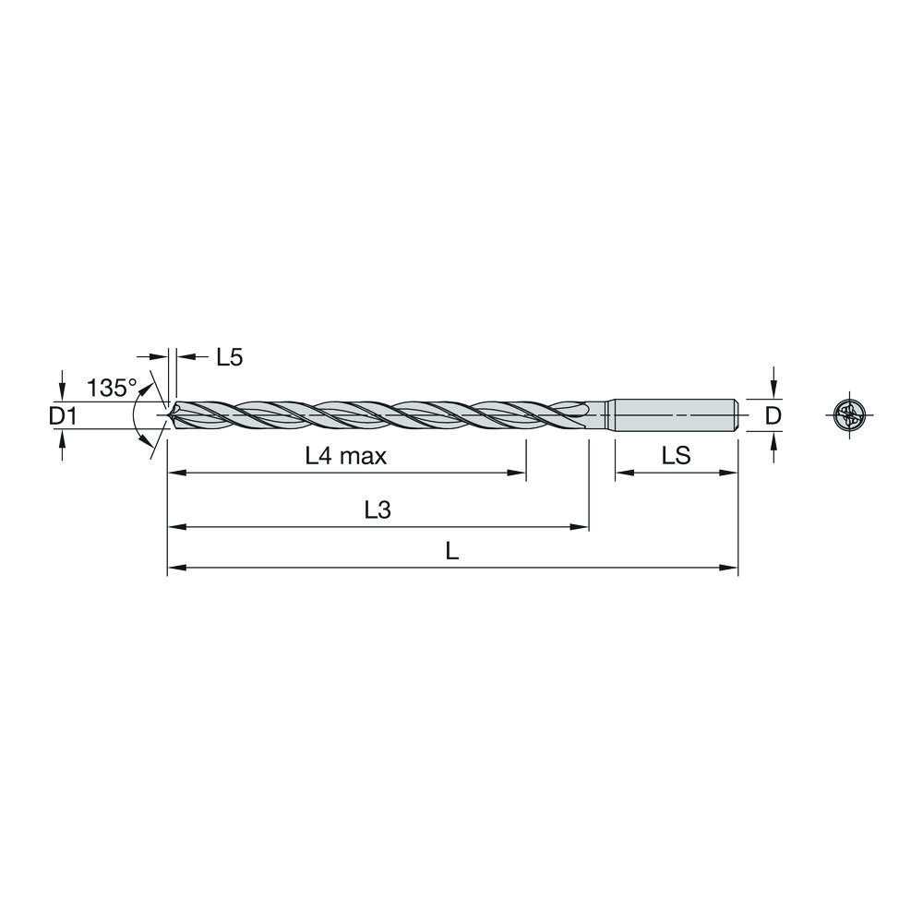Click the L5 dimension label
pyautogui.click(x=229, y=358)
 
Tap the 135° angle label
pyautogui.click(x=111, y=388)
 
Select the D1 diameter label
pyautogui.click(x=62, y=417)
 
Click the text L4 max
pyautogui.click(x=346, y=455)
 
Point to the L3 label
pyautogui.click(x=378, y=510)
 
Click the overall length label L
pyautogui.click(x=451, y=552)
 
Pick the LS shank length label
pyautogui.click(x=677, y=455)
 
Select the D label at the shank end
pyautogui.click(x=773, y=417)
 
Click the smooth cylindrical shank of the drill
pyautogui.click(x=674, y=416)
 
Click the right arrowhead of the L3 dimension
pyautogui.click(x=581, y=528)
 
